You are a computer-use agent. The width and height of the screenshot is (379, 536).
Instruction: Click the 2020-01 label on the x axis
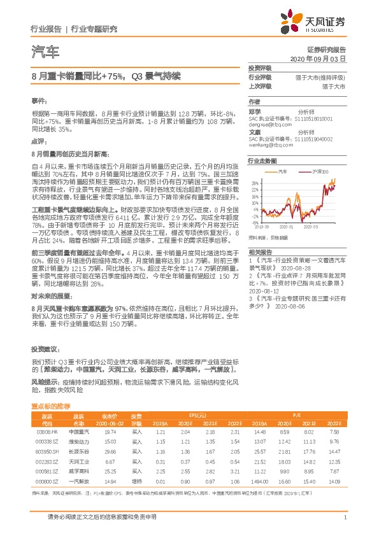(x=285, y=226)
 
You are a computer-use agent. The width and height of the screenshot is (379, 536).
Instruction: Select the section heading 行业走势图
(x=264, y=162)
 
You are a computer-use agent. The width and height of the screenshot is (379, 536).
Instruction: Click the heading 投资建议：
(x=45, y=350)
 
